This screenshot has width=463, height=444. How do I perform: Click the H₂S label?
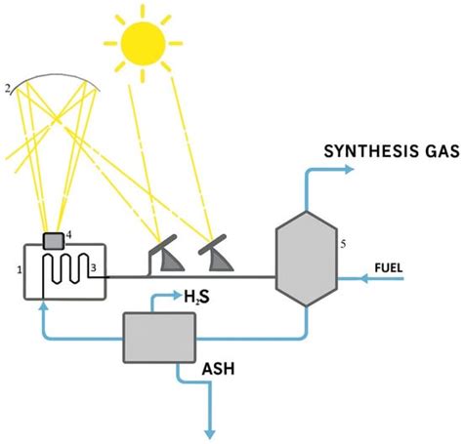coord(201,296)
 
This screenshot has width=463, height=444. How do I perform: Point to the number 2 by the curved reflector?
coord(8,89)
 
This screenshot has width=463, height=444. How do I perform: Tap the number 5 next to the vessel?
coord(343,243)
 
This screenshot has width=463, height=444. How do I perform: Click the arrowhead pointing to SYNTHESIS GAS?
coord(356,169)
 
